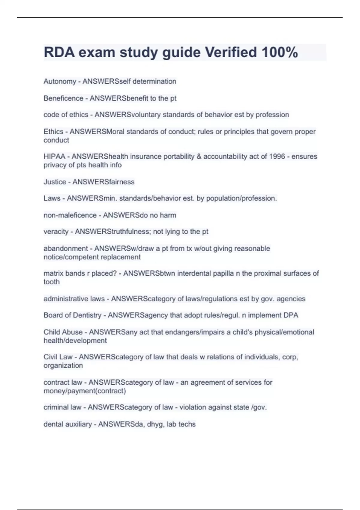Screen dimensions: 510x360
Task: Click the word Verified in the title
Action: tap(231, 52)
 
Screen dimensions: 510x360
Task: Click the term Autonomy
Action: tap(60, 81)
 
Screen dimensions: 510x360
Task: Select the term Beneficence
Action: tap(63, 98)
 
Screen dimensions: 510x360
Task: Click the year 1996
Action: tap(277, 156)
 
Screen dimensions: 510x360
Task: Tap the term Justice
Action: tap(55, 182)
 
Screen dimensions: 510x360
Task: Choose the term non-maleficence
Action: tap(70, 215)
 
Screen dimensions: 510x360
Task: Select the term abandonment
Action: tap(66, 248)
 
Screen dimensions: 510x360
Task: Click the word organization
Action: tap(63, 365)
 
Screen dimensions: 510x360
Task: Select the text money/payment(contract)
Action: tap(85, 391)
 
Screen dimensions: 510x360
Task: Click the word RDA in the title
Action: tap(59, 52)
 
